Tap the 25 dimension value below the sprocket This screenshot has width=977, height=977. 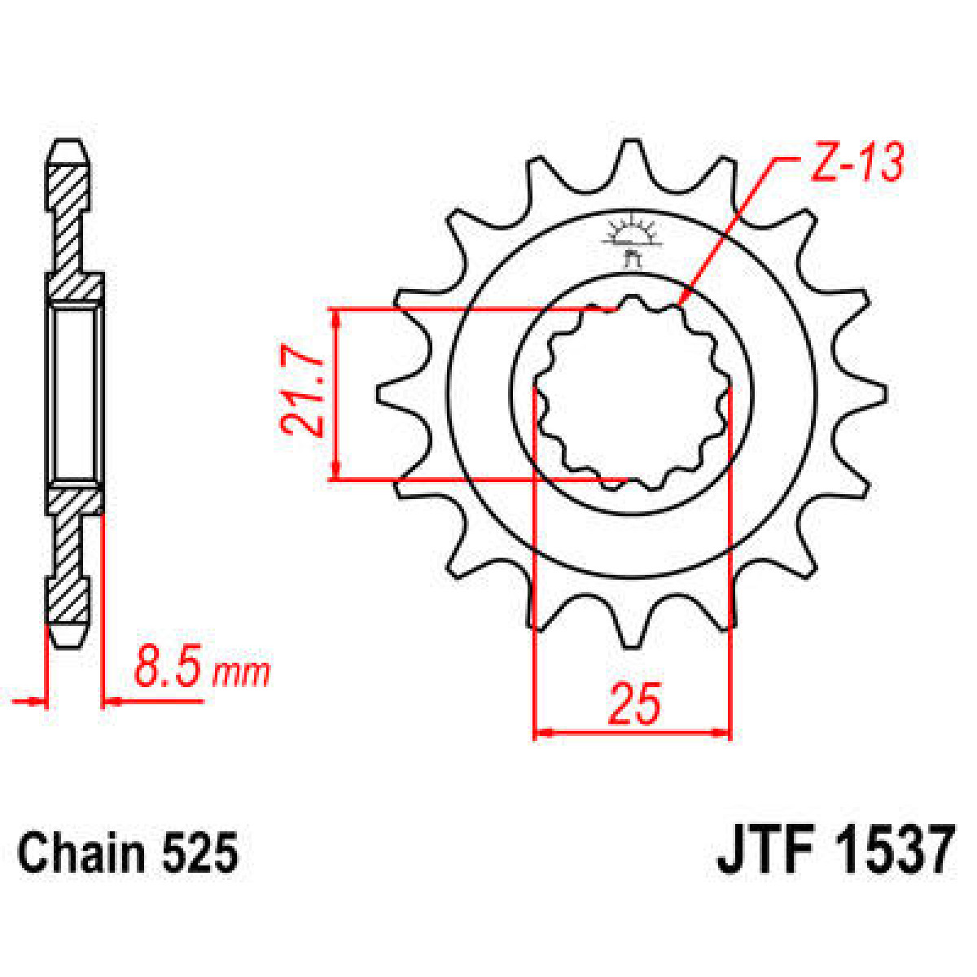point(633,704)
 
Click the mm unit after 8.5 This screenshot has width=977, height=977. point(241,673)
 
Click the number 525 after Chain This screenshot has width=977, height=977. point(199,854)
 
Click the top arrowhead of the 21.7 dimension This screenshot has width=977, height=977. point(336,318)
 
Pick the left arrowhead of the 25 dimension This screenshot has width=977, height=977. point(542,733)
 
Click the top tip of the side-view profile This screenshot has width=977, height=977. point(69,144)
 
